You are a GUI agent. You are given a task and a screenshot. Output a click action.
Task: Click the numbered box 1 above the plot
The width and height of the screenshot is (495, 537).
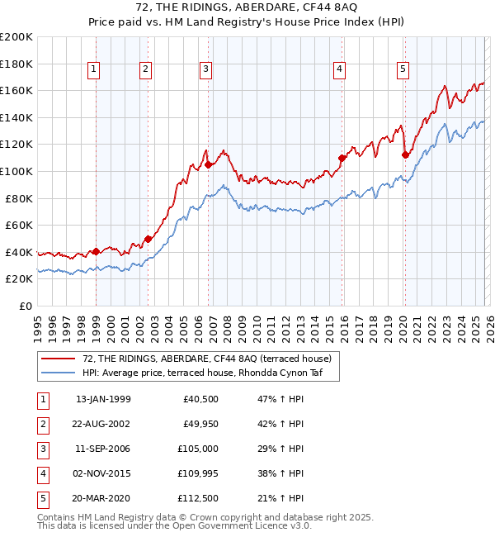click(x=95, y=70)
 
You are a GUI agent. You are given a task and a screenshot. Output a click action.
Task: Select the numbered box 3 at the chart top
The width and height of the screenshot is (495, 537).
click(x=205, y=70)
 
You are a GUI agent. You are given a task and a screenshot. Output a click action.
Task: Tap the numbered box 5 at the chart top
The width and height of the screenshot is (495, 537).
click(x=403, y=70)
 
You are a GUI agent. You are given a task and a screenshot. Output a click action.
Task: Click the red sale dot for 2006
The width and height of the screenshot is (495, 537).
click(x=208, y=164)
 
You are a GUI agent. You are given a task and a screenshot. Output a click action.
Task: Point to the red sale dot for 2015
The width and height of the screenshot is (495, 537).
click(x=342, y=158)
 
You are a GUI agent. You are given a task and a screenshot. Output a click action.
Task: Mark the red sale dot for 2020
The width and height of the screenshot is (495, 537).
click(x=405, y=154)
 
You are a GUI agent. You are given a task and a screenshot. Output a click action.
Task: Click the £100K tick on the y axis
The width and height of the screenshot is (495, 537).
click(x=16, y=171)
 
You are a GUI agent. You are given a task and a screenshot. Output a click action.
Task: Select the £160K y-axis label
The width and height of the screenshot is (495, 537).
click(x=16, y=90)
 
